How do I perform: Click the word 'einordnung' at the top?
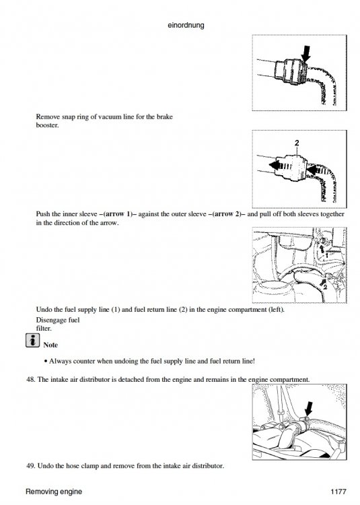click(x=184, y=26)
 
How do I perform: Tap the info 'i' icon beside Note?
click(x=30, y=343)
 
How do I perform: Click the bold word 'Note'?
click(x=50, y=345)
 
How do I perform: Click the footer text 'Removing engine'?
click(x=54, y=492)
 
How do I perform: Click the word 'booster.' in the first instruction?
click(x=47, y=125)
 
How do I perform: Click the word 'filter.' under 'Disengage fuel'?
click(x=43, y=328)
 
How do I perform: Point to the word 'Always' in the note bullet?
click(x=63, y=361)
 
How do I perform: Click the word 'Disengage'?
click(x=52, y=320)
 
